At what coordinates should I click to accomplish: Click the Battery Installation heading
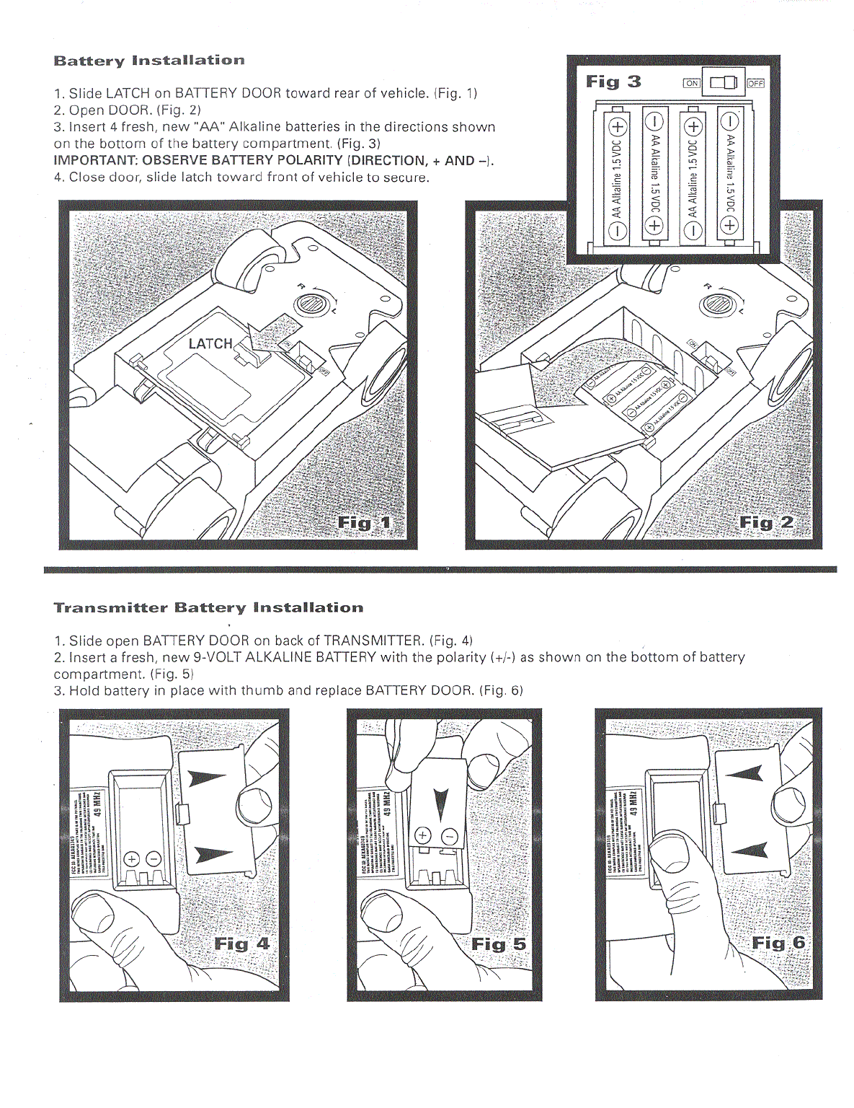coord(149,61)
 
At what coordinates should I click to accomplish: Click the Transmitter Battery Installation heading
coord(208,607)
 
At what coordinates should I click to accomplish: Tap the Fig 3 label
coord(613,82)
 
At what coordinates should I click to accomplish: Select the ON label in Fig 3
coord(691,83)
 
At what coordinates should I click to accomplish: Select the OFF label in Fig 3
coord(755,83)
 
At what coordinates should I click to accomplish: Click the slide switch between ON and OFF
coord(724,82)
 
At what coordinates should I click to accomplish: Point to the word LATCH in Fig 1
coord(210,343)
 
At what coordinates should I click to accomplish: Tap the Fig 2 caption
coord(766,522)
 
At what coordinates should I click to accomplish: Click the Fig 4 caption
coord(241,944)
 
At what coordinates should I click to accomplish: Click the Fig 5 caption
coord(499,944)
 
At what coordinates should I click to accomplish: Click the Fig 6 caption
coord(778,943)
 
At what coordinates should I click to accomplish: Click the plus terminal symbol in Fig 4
coord(132,858)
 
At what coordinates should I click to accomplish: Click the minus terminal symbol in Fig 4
coord(154,858)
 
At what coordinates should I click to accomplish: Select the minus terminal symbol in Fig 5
coord(449,837)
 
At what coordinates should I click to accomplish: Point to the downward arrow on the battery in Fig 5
coord(441,804)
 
